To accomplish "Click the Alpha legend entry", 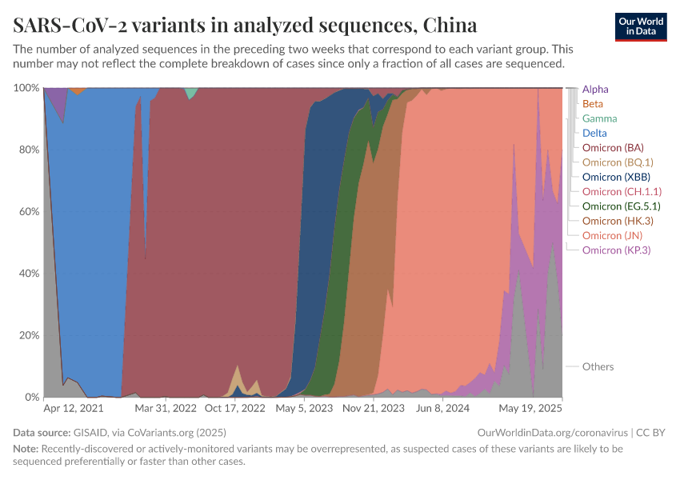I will pos(596,90).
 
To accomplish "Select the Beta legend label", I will pos(593,104).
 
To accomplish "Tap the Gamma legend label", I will pos(599,118).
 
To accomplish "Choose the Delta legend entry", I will pos(594,133).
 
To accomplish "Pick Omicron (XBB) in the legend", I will pos(616,177).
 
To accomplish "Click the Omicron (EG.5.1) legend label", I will pos(622,206).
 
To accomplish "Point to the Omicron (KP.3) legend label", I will pos(616,250).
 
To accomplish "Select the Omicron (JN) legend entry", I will pos(612,235).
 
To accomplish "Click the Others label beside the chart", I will pos(598,366).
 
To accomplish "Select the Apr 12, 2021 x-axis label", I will pos(74,408).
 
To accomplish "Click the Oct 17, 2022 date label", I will pos(235,408).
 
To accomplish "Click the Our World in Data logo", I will pos(642,26).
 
